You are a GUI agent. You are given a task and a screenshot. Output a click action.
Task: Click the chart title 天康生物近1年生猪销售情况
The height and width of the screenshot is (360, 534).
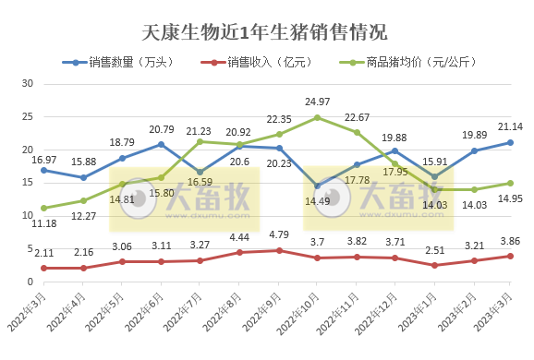click(x=266, y=34)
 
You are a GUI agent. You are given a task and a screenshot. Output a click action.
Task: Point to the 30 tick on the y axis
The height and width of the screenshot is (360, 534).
click(x=27, y=83)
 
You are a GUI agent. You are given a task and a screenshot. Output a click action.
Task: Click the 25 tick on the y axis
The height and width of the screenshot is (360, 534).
click(x=27, y=116)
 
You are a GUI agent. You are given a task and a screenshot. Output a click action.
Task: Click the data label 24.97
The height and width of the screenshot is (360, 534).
click(x=317, y=102)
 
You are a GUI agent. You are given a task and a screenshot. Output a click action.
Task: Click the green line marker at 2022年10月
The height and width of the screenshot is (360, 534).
click(x=317, y=117)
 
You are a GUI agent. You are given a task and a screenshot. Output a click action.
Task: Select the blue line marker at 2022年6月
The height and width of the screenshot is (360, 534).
click(x=161, y=144)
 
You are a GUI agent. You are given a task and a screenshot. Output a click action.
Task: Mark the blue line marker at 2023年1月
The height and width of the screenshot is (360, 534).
click(x=435, y=176)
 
